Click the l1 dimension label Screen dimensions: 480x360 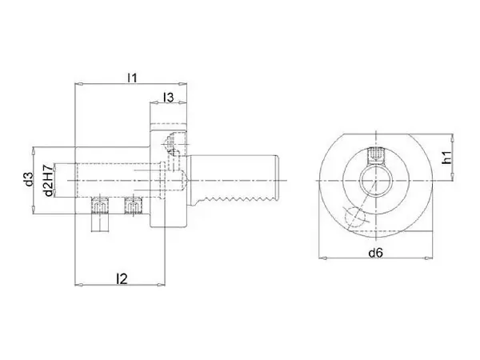pos(132,78)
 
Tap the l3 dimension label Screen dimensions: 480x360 pos(168,98)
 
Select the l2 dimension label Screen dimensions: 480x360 pos(122,278)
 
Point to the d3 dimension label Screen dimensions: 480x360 pos(29,179)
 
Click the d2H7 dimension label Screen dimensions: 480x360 pos(49,180)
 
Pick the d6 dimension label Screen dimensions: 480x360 pos(376,253)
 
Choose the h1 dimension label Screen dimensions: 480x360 pos(447,158)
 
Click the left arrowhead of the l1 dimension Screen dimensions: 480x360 pos(78,84)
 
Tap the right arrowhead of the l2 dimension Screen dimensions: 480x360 pos(161,285)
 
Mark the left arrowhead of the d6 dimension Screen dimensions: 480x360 pos(323,258)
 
